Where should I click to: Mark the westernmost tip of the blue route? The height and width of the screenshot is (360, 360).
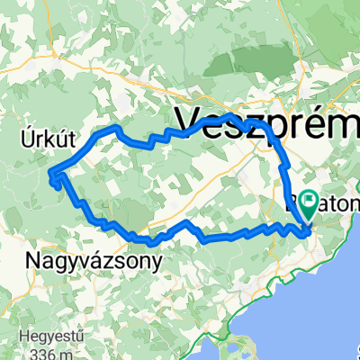(48, 173)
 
